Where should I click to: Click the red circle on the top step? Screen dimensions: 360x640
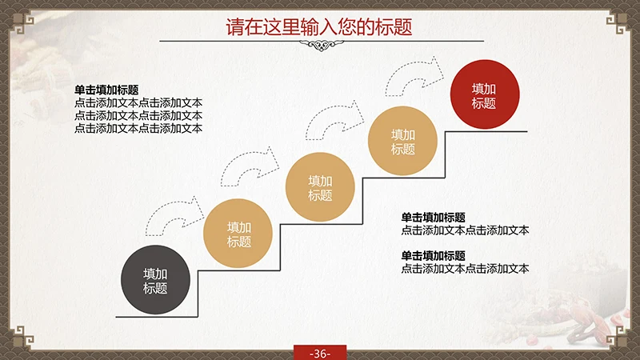[485, 95]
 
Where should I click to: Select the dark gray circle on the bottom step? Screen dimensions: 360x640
[155, 281]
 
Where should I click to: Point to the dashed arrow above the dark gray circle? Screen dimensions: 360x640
[174, 217]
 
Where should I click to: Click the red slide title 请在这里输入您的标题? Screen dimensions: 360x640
[319, 26]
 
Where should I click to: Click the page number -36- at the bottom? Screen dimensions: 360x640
[319, 353]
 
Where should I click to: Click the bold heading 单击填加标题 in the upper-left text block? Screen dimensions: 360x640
[106, 90]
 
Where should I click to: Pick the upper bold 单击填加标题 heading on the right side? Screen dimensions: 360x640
[433, 217]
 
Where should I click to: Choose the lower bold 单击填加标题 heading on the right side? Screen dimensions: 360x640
[433, 255]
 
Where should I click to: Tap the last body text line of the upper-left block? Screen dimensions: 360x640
[138, 128]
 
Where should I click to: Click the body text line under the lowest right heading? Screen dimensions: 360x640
[465, 269]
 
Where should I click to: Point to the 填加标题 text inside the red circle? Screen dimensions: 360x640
[484, 96]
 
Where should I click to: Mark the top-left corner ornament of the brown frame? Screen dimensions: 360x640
[16, 16]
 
